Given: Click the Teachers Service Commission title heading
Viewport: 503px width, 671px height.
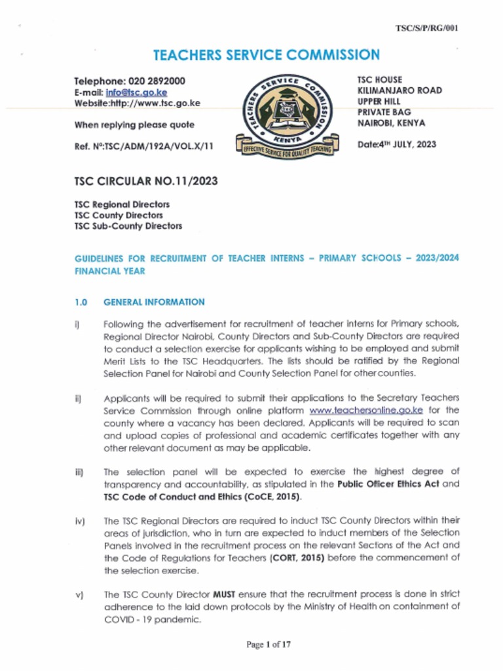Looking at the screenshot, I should pyautogui.click(x=266, y=55).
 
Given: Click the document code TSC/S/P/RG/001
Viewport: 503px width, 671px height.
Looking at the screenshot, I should pyautogui.click(x=427, y=28).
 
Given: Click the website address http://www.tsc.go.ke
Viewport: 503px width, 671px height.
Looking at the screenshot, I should pyautogui.click(x=155, y=103).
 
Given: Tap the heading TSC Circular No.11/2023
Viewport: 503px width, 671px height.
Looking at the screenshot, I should pyautogui.click(x=146, y=180).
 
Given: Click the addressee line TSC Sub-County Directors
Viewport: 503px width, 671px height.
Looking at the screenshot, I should pyautogui.click(x=128, y=226).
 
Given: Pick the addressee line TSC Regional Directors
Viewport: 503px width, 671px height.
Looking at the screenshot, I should pyautogui.click(x=122, y=204).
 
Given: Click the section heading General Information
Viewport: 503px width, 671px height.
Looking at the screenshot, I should pyautogui.click(x=154, y=302).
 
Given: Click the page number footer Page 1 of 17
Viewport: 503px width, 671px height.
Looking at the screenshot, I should pyautogui.click(x=269, y=645).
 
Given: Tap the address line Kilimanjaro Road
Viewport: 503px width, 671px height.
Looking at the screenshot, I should pyautogui.click(x=400, y=90).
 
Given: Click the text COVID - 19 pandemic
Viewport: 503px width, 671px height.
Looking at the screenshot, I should pyautogui.click(x=142, y=619).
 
